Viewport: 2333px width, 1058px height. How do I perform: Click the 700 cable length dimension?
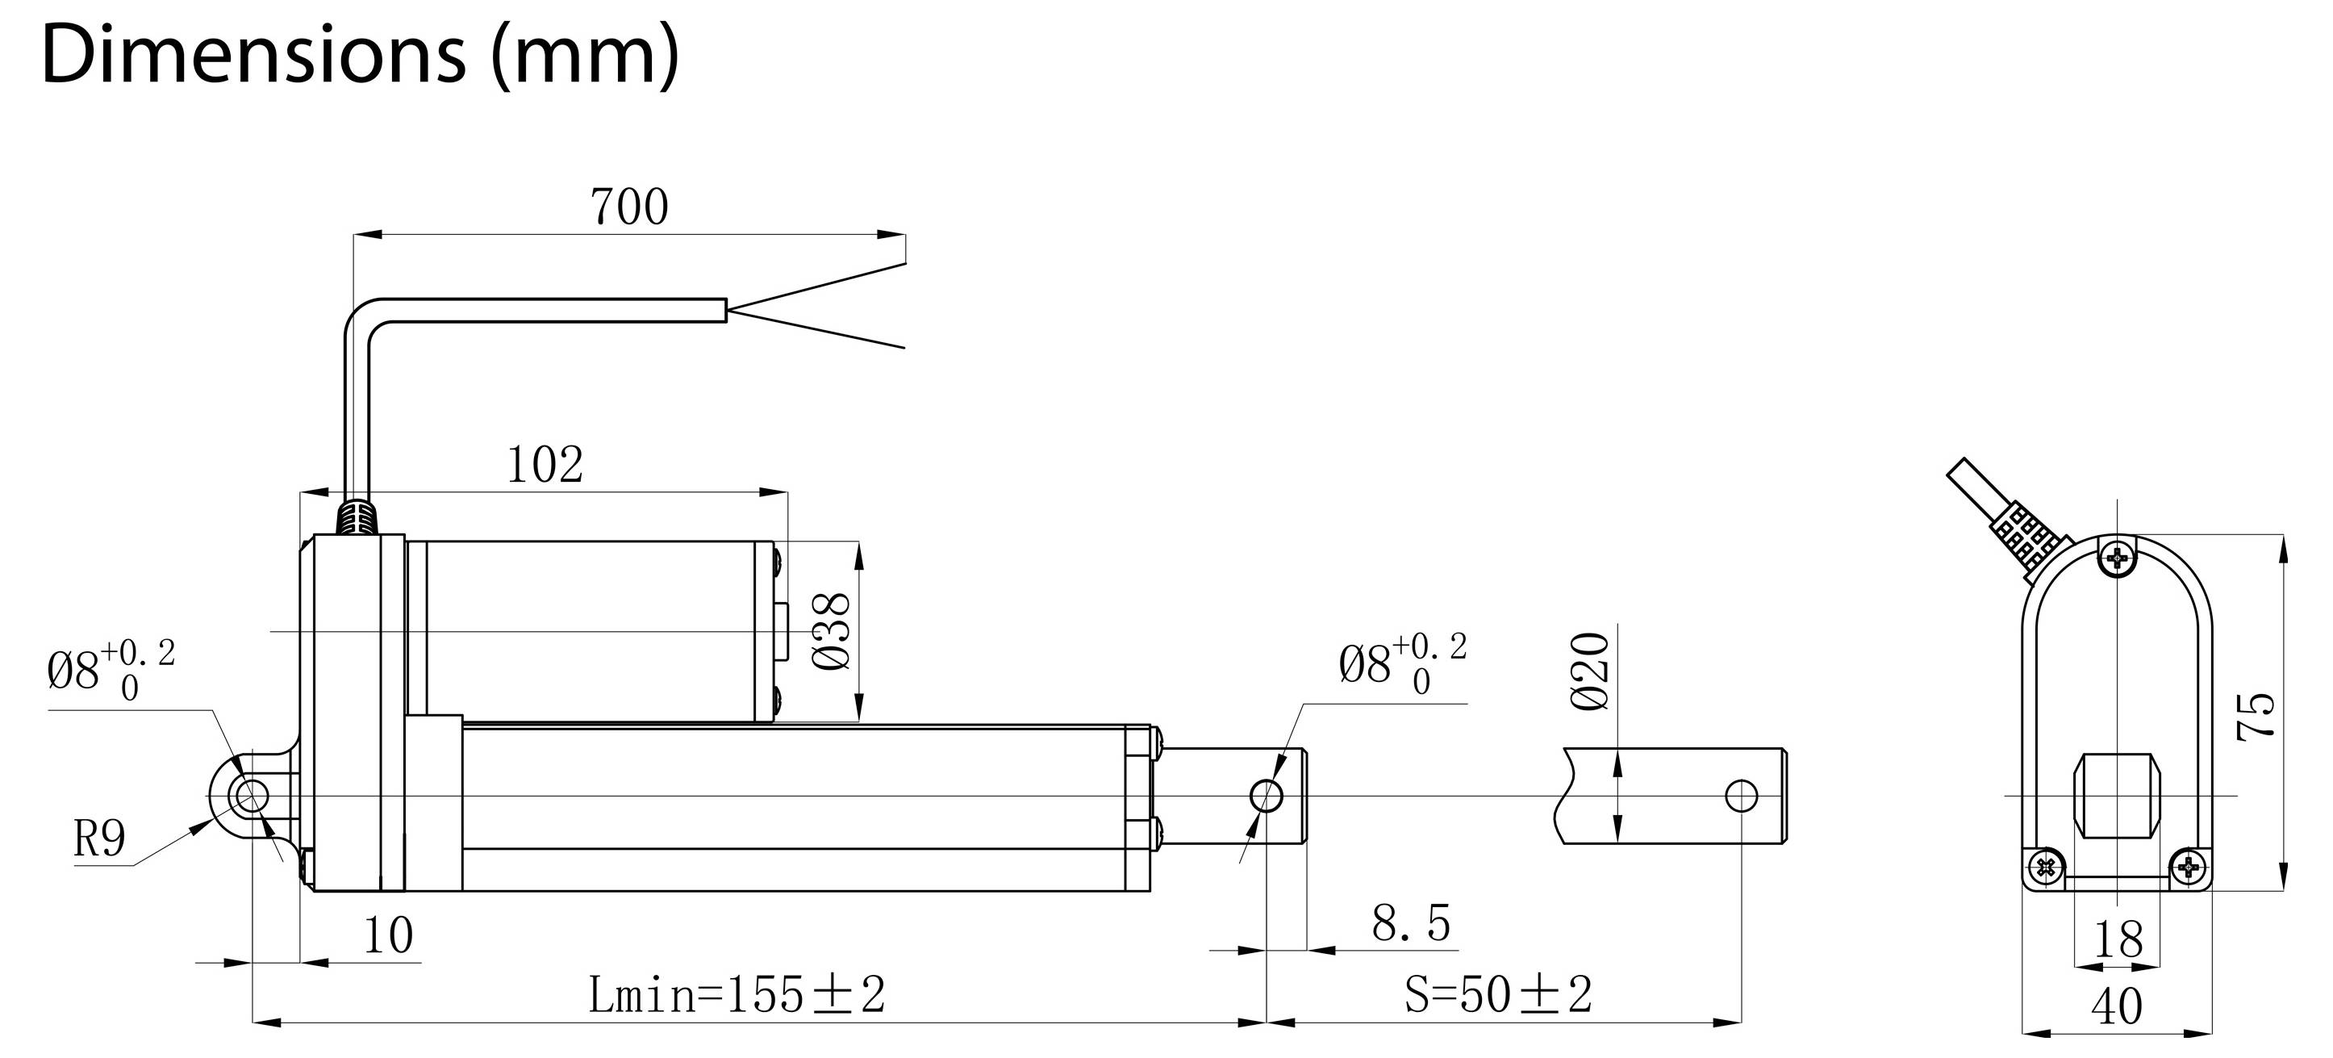pyautogui.click(x=629, y=207)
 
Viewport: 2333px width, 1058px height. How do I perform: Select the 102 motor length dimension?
pyautogui.click(x=545, y=466)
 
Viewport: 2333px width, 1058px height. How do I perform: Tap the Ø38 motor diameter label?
pyautogui.click(x=833, y=631)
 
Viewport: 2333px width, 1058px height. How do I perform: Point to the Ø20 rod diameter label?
pyautogui.click(x=1592, y=671)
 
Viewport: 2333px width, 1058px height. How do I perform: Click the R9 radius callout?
pyautogui.click(x=98, y=839)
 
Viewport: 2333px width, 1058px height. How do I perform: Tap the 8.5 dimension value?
pyautogui.click(x=1411, y=924)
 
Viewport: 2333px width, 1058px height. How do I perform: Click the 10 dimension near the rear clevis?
pyautogui.click(x=388, y=935)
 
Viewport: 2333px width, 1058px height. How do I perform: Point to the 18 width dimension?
pyautogui.click(x=2118, y=940)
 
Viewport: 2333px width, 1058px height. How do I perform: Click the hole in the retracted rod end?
pyautogui.click(x=1266, y=797)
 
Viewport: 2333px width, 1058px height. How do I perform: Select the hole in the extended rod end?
pyautogui.click(x=1742, y=797)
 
